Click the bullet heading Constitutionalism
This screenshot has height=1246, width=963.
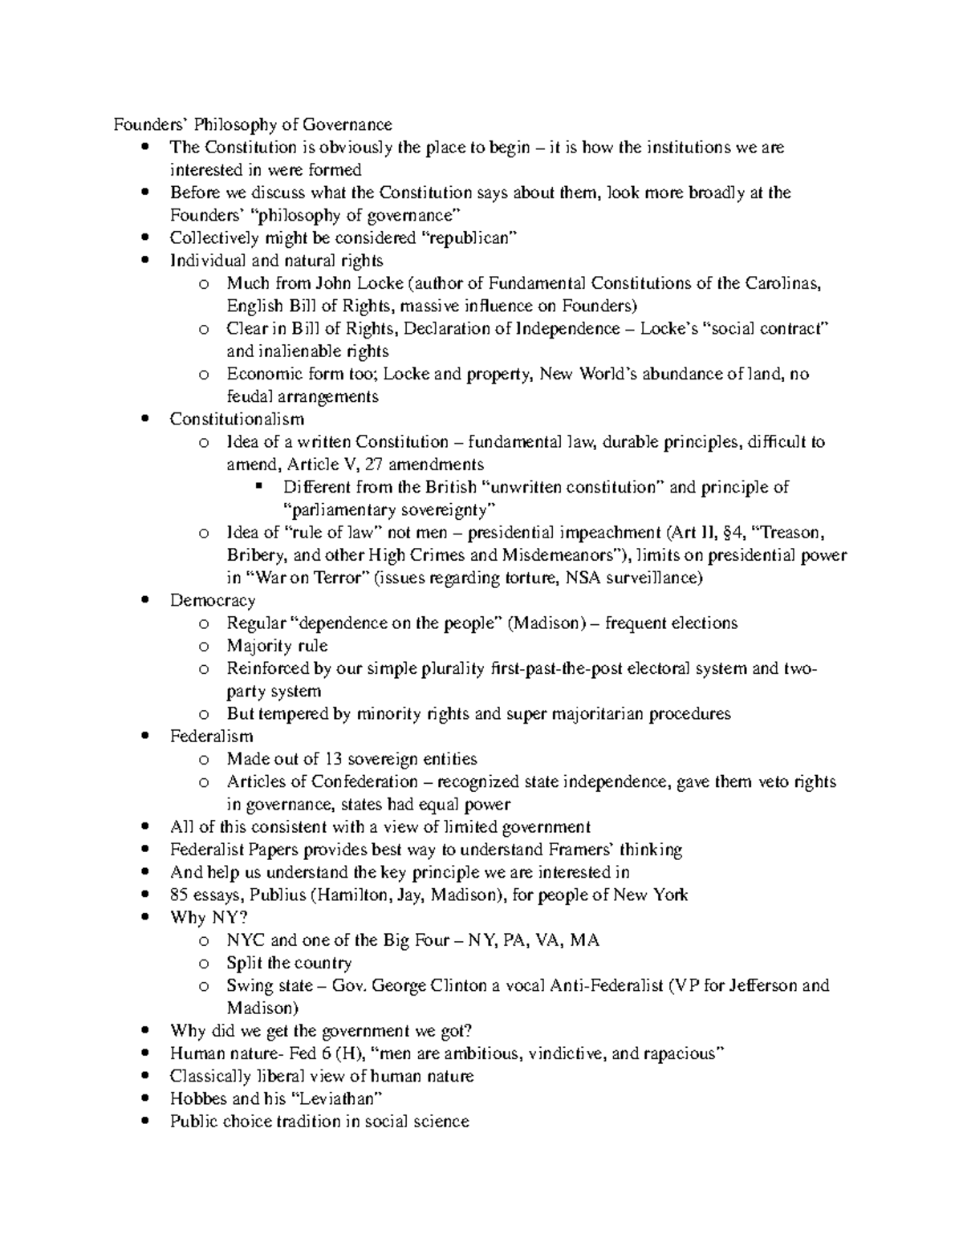pos(237,419)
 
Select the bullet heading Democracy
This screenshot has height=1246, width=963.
pos(213,600)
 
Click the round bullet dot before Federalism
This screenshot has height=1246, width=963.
pos(144,737)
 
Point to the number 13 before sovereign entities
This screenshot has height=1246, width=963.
pos(332,759)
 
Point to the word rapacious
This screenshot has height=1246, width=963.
pos(679,1053)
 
